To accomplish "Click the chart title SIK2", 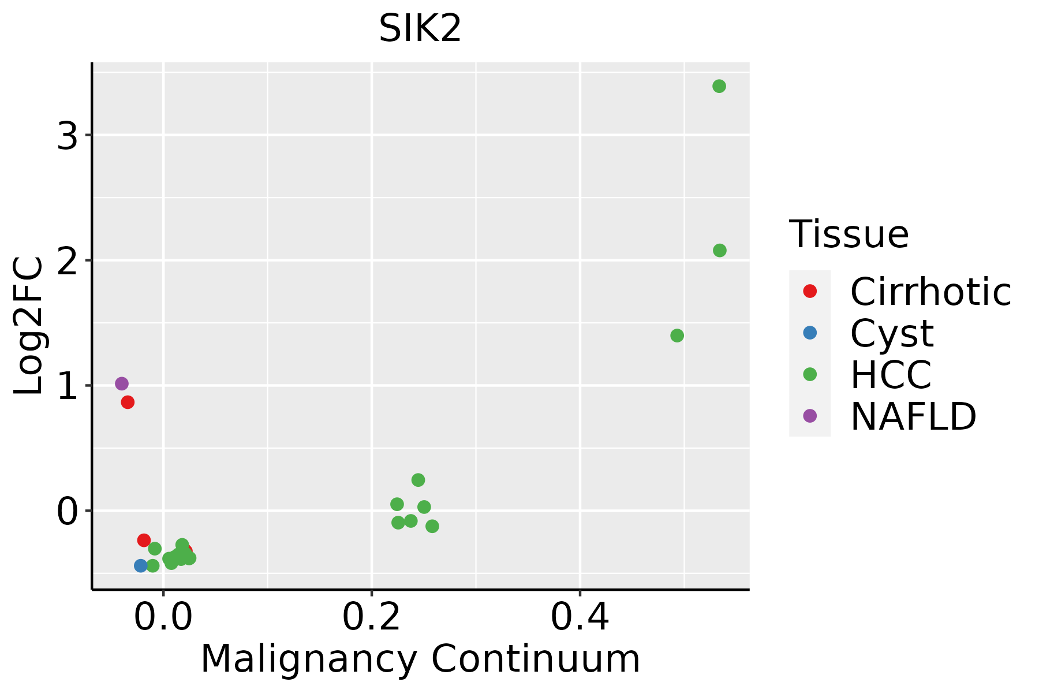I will click(420, 28).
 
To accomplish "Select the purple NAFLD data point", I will click(122, 383).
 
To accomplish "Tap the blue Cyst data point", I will click(141, 565).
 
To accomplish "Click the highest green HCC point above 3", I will click(719, 87).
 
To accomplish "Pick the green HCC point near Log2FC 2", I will click(720, 251).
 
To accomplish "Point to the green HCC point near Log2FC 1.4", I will click(677, 336).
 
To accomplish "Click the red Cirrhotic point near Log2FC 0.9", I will click(128, 402).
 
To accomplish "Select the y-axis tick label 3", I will click(68, 137).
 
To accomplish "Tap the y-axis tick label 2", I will click(68, 262).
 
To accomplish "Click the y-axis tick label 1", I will click(68, 387).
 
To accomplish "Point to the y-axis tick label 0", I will click(68, 512).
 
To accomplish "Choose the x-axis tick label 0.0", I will click(163, 618).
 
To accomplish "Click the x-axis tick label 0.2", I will click(372, 618).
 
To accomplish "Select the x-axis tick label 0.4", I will click(580, 618).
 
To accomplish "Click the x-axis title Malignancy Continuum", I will click(420, 659).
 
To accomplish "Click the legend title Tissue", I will click(849, 234).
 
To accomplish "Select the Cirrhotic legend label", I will click(930, 292).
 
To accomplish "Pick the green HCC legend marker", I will click(810, 374).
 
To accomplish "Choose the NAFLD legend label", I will click(913, 416).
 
